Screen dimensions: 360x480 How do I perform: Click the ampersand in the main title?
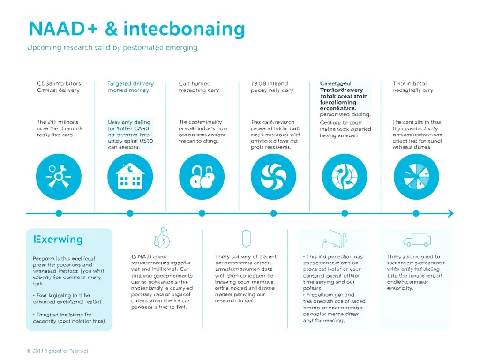112,29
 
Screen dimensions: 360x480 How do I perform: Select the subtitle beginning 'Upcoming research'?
112,47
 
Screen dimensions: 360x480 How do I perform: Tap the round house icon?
130,177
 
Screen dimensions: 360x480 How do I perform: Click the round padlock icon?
202,177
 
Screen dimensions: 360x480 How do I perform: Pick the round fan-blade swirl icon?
274,177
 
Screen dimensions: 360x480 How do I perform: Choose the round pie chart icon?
416,177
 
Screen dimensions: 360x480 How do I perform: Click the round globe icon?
345,177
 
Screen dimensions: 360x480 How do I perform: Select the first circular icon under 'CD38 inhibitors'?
59,177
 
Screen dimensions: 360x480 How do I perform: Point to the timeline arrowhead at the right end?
450,213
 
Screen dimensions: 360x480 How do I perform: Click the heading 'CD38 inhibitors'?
59,84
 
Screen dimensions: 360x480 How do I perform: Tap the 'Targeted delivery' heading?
130,84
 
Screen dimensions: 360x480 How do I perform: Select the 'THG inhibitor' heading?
410,84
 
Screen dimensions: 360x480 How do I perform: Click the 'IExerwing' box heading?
58,240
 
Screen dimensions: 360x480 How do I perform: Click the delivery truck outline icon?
416,240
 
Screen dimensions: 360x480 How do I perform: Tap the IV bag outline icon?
246,239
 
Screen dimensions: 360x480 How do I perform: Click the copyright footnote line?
57,351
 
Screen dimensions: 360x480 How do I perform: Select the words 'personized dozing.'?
345,114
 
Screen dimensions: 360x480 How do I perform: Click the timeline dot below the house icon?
130,213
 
